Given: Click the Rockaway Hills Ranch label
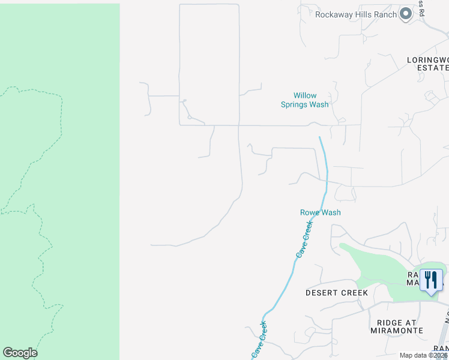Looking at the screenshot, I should pyautogui.click(x=356, y=14).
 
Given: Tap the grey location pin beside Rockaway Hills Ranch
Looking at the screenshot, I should pyautogui.click(x=406, y=13).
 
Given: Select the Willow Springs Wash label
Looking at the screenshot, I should pyautogui.click(x=305, y=100).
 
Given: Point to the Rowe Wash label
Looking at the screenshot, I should pyautogui.click(x=321, y=212).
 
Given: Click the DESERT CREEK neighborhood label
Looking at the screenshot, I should pyautogui.click(x=336, y=293).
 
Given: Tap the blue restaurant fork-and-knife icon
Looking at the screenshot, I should pyautogui.click(x=431, y=280).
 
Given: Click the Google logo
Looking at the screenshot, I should pyautogui.click(x=20, y=353).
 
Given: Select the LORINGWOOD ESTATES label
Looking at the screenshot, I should pyautogui.click(x=427, y=64).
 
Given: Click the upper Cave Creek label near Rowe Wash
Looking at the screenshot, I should pyautogui.click(x=304, y=239).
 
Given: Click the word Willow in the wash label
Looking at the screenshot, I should pyautogui.click(x=305, y=95).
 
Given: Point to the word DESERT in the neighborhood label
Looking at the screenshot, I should pyautogui.click(x=322, y=293).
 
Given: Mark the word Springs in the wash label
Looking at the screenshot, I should pyautogui.click(x=296, y=104).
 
